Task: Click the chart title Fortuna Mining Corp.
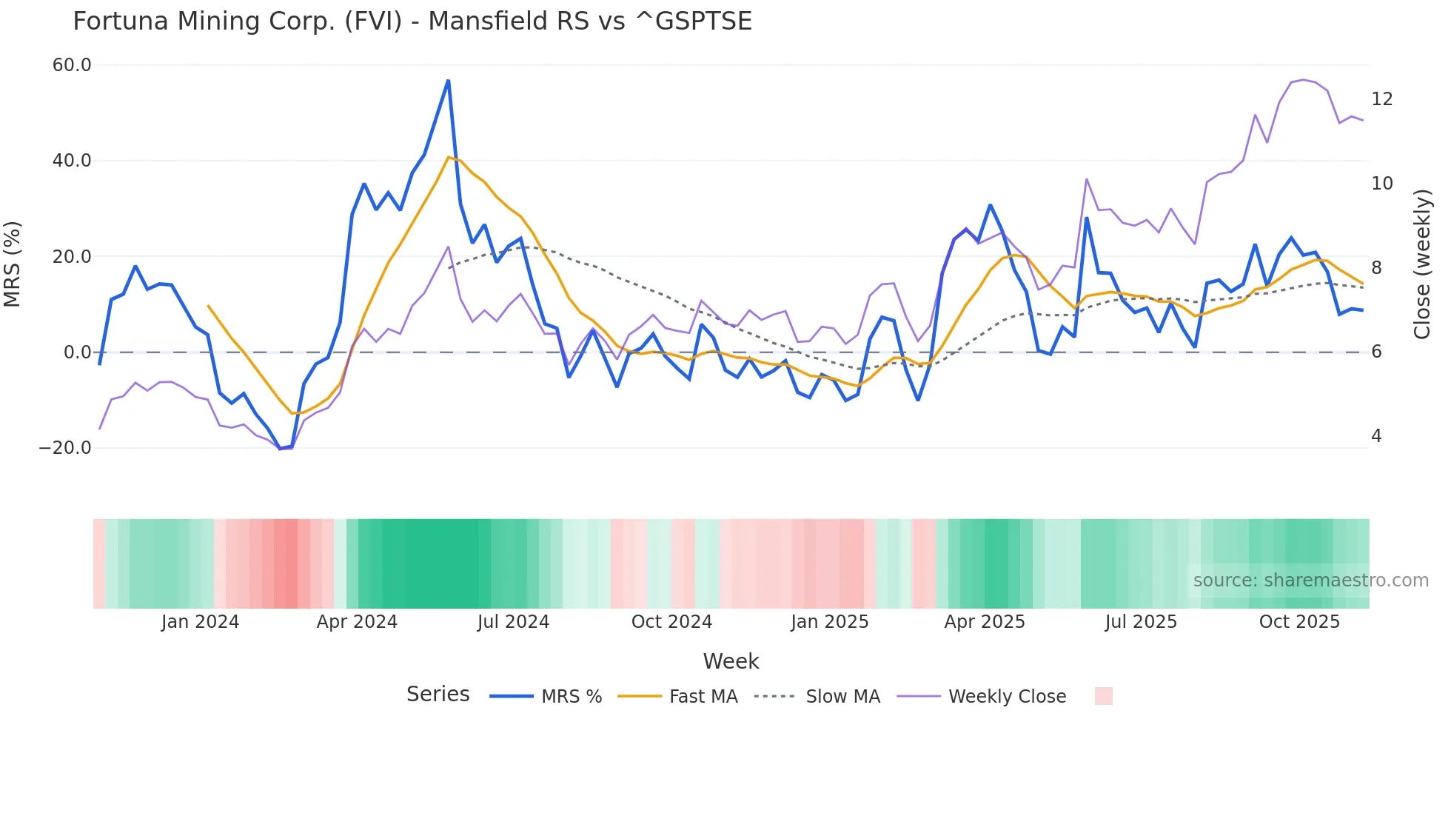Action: tap(412, 21)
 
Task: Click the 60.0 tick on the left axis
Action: tap(72, 65)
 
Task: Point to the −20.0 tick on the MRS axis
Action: tap(65, 448)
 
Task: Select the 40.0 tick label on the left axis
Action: tap(72, 161)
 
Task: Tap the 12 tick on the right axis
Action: tap(1381, 99)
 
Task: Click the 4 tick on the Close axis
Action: tap(1376, 436)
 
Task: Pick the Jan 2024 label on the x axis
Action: tap(200, 622)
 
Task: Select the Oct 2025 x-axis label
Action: tap(1299, 622)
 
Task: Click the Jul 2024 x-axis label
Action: tap(513, 622)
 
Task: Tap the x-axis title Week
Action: tap(731, 661)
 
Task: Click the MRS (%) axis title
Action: tap(13, 264)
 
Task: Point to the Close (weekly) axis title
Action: tap(1422, 264)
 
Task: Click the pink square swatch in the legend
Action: tap(1103, 696)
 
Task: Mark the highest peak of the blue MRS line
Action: tap(448, 81)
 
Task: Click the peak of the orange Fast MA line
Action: tap(449, 157)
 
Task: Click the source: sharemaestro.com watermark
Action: tap(1310, 581)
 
